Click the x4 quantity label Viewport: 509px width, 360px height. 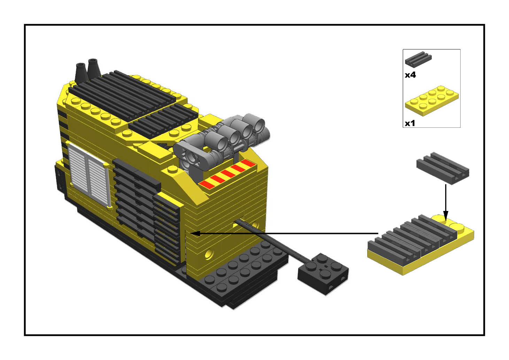pyautogui.click(x=410, y=75)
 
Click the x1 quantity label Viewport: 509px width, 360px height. pyautogui.click(x=410, y=123)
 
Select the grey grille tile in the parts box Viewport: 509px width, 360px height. pyautogui.click(x=418, y=59)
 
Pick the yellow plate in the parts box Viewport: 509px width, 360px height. pyautogui.click(x=432, y=101)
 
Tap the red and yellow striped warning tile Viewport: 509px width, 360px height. pyautogui.click(x=227, y=174)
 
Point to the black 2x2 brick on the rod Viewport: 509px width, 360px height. pyautogui.click(x=323, y=274)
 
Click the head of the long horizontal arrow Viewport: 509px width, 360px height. pyautogui.click(x=195, y=233)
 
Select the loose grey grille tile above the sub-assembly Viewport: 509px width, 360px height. pyautogui.click(x=443, y=168)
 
